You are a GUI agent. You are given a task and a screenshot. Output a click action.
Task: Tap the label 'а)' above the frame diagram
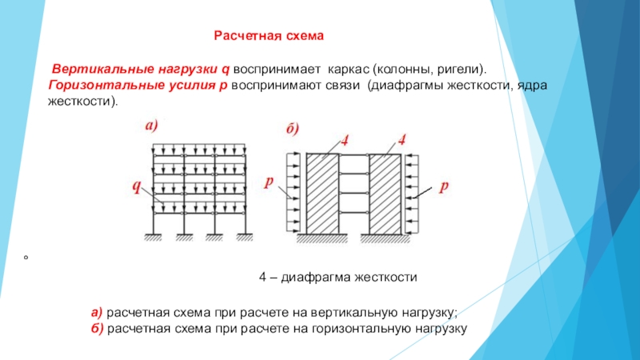click(152, 126)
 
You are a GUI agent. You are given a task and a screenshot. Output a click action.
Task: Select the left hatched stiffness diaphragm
click(319, 193)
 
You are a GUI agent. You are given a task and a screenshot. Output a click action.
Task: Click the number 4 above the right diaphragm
click(402, 140)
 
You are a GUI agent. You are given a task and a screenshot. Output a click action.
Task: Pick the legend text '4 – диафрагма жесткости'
click(339, 276)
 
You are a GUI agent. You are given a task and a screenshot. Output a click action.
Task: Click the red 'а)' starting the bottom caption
click(96, 311)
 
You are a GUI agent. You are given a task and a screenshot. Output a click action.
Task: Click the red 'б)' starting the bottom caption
click(96, 328)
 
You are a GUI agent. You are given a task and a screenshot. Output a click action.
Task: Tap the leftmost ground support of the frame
click(154, 237)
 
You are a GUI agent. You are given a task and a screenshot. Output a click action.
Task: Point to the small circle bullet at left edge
click(26, 258)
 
